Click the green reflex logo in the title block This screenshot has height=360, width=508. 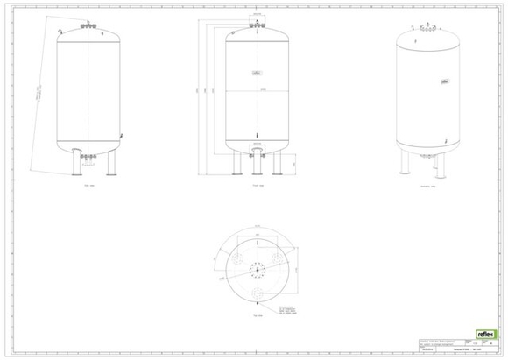pos(486,334)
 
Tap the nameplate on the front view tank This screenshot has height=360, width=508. pos(256,72)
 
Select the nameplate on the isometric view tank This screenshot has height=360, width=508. pos(444,81)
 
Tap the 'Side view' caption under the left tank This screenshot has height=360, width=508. pos(88,186)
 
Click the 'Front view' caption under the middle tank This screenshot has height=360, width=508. pos(256,186)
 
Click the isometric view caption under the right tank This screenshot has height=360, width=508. pos(427,186)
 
